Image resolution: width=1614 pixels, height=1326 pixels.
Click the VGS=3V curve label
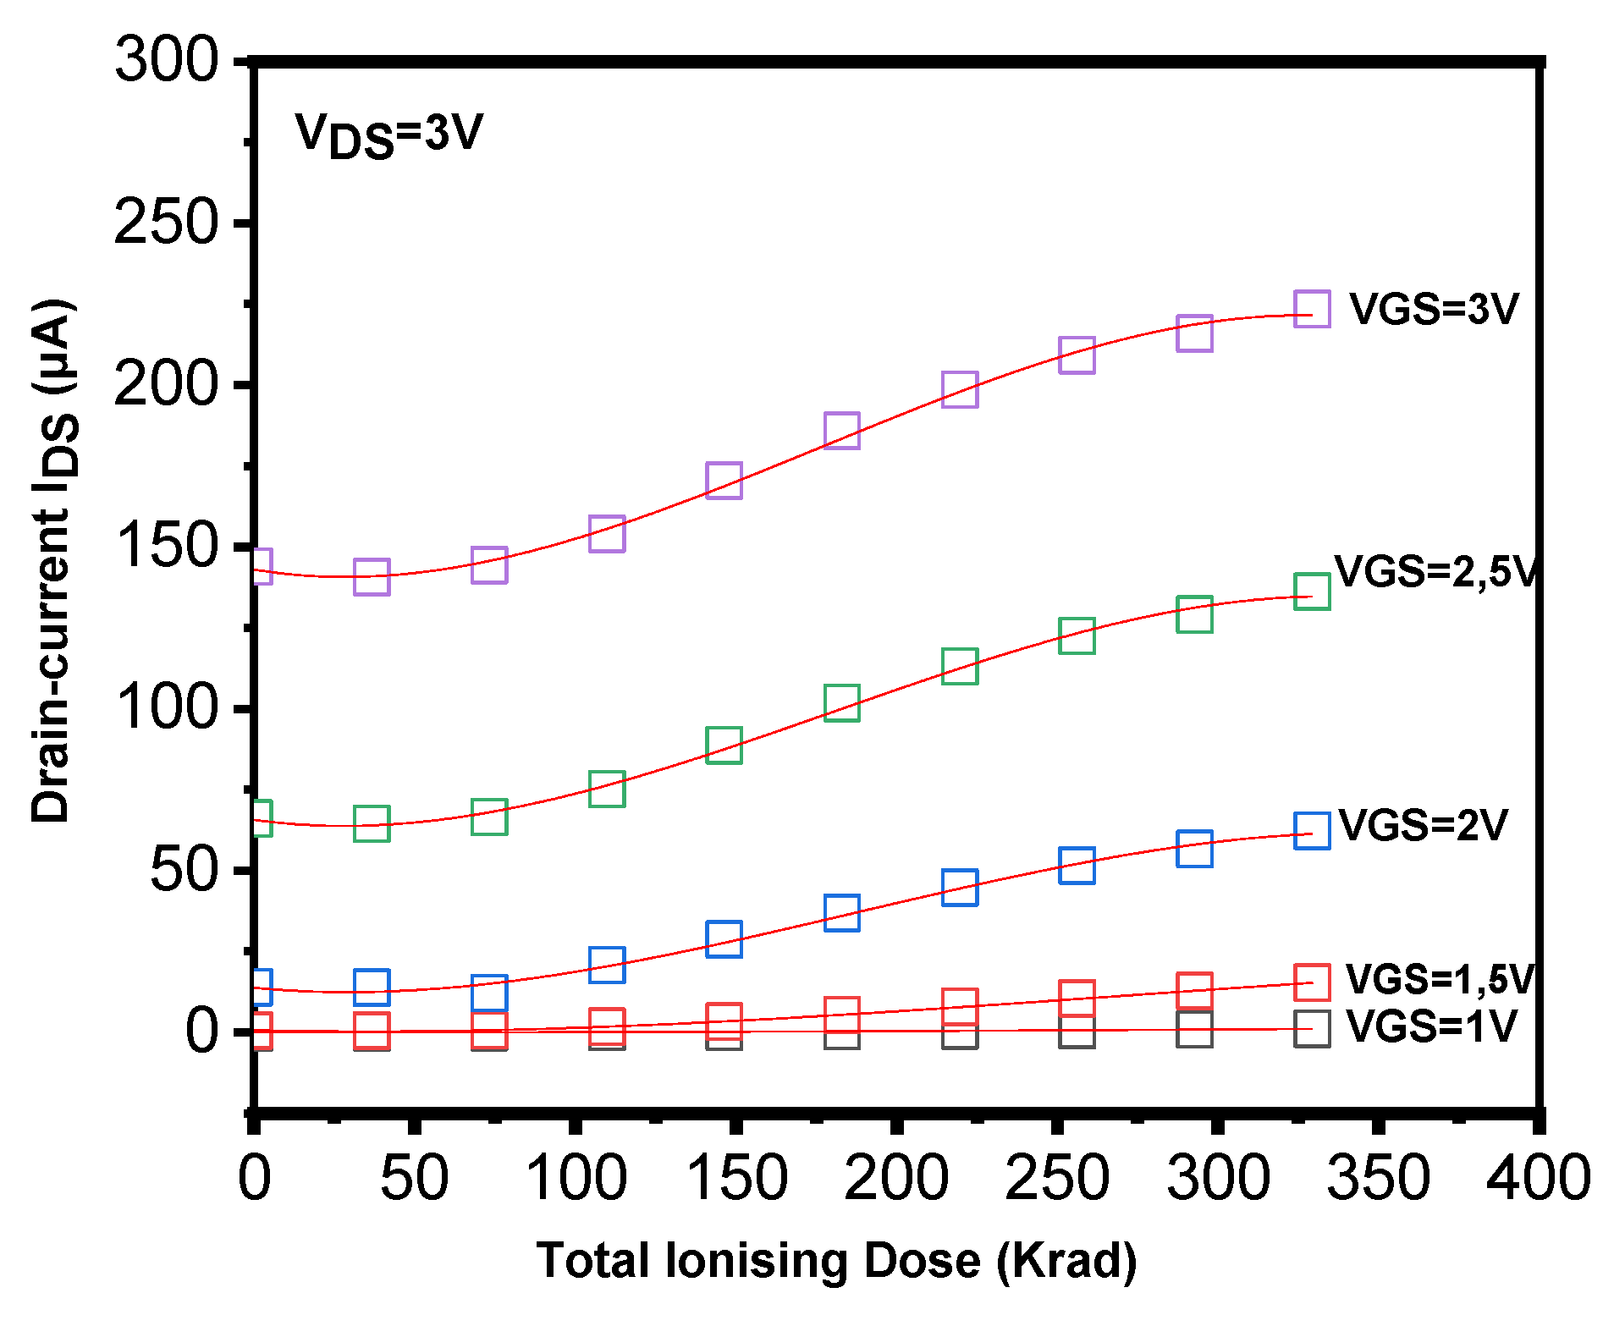click(1433, 309)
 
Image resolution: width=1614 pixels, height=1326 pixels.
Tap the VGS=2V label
click(1423, 825)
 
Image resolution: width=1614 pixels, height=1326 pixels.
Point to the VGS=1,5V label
click(1440, 979)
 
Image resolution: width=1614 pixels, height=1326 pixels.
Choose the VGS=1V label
click(1431, 1026)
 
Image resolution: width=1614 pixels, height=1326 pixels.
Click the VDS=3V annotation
click(388, 135)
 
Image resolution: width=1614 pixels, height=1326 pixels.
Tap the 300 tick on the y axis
click(167, 61)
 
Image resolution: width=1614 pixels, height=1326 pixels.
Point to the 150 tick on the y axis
click(167, 546)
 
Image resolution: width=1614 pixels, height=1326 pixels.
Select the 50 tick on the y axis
click(185, 870)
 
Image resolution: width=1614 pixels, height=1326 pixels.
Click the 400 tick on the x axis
click(1538, 1179)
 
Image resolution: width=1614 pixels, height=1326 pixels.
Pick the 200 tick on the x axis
click(896, 1179)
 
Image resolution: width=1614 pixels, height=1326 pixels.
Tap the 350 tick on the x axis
click(1378, 1179)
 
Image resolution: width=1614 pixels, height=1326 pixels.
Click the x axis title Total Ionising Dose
click(836, 1261)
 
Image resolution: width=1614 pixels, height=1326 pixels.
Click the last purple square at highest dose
click(1312, 308)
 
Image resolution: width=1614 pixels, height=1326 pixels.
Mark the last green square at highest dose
click(1312, 591)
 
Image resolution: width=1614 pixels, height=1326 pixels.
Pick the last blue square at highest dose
click(1312, 830)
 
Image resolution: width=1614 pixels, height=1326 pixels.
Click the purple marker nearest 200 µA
click(960, 389)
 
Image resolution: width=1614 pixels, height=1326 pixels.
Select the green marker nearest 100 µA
click(842, 702)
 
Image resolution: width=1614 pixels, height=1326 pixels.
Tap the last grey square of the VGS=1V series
click(1312, 1029)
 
